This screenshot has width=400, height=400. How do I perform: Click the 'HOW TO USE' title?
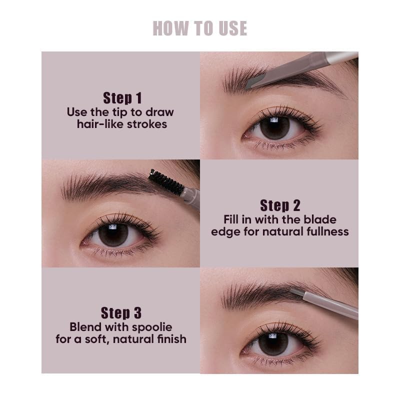(199, 28)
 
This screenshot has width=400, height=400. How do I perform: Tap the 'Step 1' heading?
(122, 98)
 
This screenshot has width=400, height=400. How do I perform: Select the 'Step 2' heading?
(280, 205)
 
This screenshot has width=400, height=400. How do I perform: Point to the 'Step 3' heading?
(121, 313)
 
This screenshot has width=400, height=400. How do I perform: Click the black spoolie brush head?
(166, 182)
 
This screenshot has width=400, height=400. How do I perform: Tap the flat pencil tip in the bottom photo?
(296, 292)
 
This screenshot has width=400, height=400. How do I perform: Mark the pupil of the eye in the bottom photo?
(273, 343)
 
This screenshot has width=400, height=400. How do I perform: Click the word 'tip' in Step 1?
(119, 112)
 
